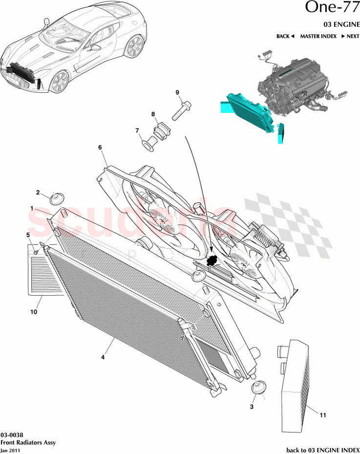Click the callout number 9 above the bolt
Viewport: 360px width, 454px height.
coord(178,92)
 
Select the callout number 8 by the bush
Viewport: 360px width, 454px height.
coord(153,114)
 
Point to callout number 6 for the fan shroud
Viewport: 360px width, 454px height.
coord(100,147)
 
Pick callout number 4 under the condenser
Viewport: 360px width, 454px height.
coord(103,357)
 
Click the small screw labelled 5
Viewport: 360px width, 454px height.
coord(36,252)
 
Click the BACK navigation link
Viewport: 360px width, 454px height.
coord(285,36)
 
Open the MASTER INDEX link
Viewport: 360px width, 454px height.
coord(318,36)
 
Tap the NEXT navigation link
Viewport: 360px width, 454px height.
coord(350,36)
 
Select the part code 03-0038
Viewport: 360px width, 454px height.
coord(11,434)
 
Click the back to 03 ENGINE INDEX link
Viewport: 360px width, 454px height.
coord(322,450)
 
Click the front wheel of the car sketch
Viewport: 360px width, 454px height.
coord(59,82)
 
